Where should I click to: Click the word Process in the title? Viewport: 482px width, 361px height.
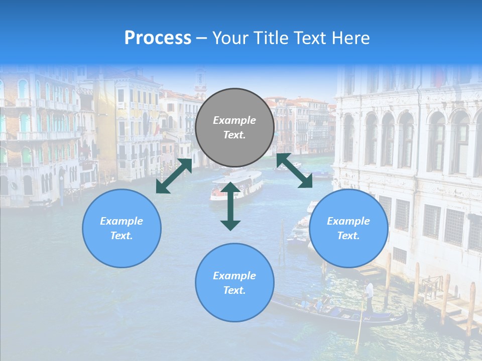coord(158,38)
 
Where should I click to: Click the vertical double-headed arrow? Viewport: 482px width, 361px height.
coord(230,206)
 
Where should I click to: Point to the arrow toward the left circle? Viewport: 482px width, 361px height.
coord(174,176)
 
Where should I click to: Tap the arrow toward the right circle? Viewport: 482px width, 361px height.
coord(295,170)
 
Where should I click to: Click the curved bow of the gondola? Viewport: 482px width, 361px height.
coord(403,316)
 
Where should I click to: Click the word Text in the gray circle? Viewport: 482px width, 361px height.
coord(234,135)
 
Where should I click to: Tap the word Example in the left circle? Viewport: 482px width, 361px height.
coord(122,221)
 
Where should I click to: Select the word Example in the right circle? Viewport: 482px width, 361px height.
coord(348,221)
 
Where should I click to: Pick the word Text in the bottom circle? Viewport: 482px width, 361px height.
coord(234,290)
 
